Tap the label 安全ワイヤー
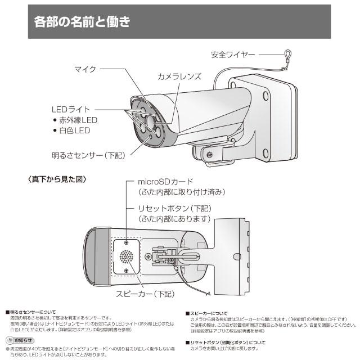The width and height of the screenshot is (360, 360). pos(233,55)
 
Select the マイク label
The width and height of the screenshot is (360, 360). pos(85,69)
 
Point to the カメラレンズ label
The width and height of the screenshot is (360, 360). pos(179,76)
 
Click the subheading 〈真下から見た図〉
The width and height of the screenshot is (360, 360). pos(56,179)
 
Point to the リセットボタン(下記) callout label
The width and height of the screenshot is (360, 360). pos(175,209)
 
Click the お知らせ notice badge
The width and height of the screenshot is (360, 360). pos(20,340)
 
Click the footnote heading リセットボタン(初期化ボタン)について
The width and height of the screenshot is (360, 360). pos(226,342)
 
